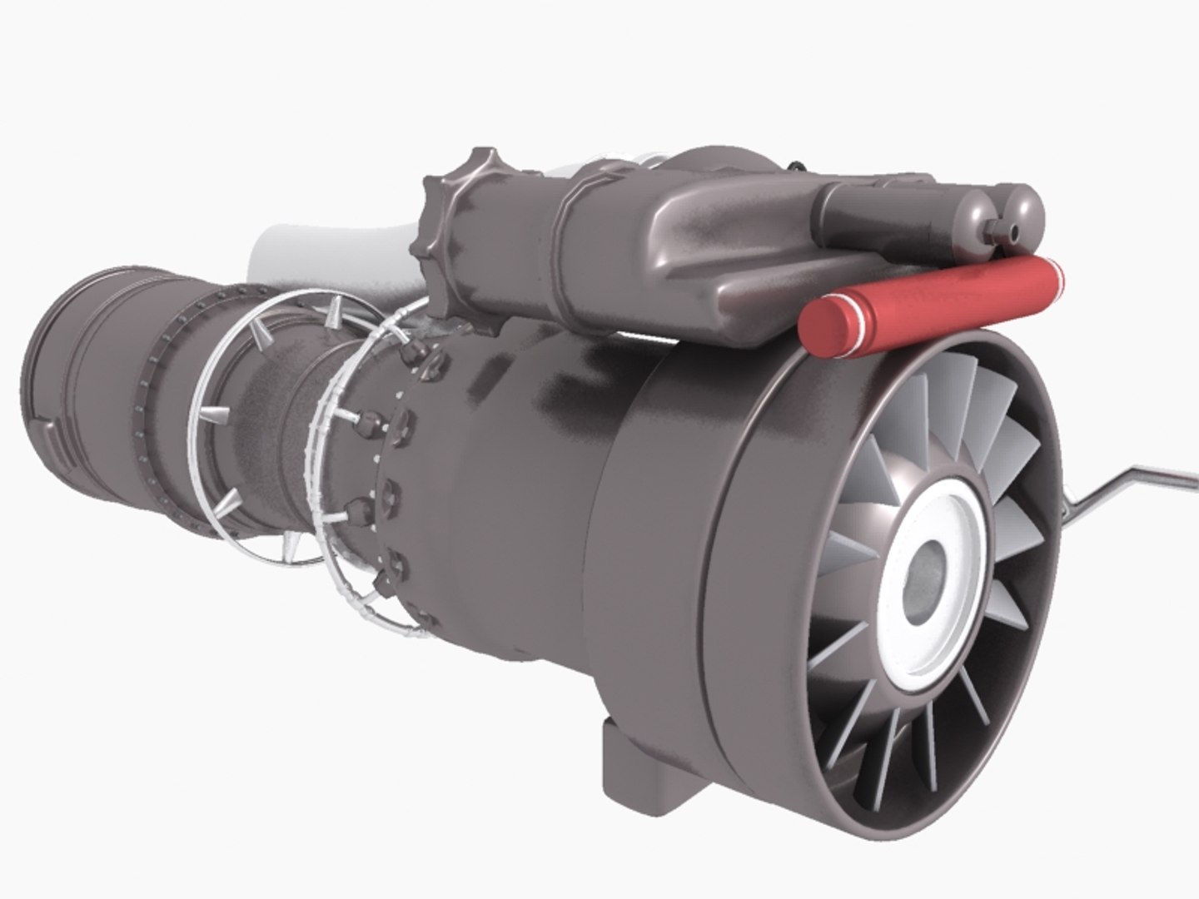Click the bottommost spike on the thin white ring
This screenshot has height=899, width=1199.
[x=291, y=545]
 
